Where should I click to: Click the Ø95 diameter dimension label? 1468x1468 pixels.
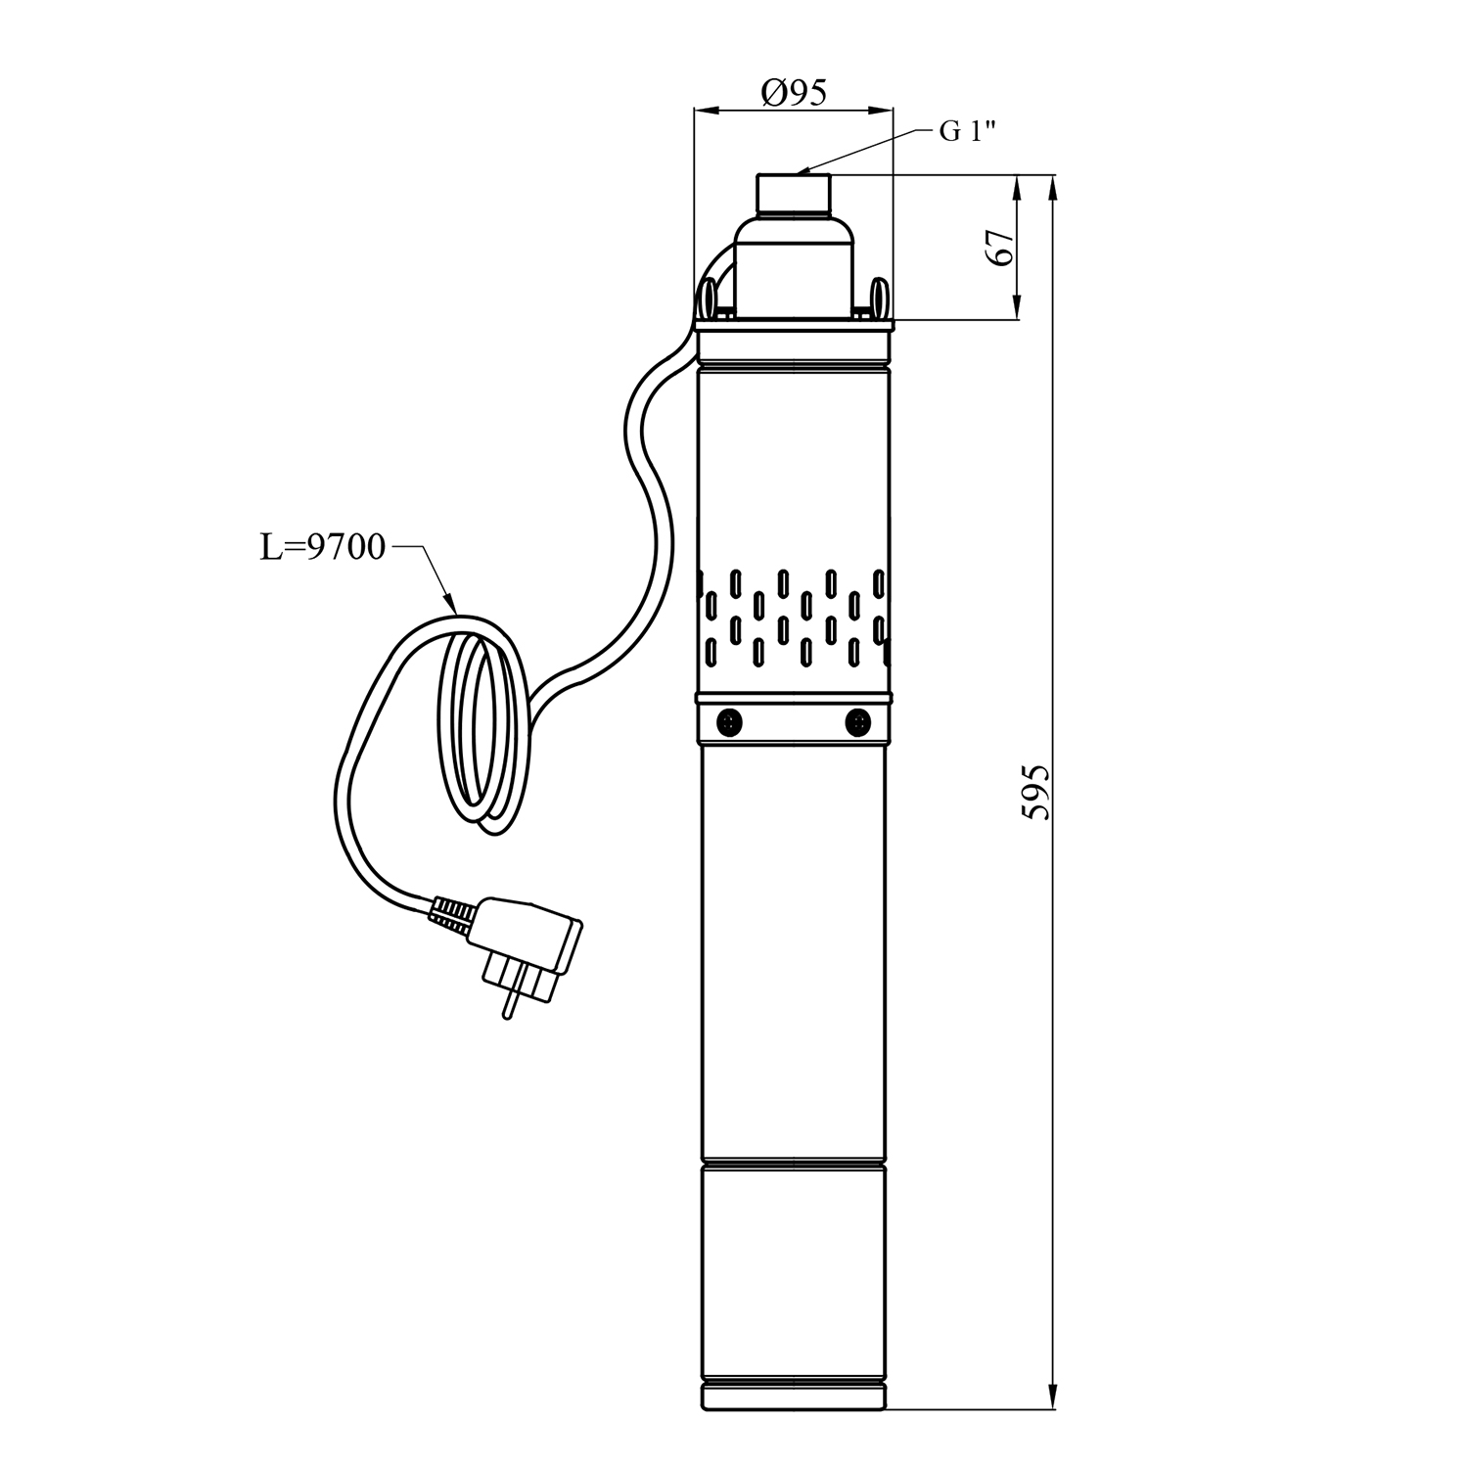pos(793,92)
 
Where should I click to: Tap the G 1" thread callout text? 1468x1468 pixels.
pos(968,131)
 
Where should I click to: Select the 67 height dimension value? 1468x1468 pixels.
pos(1000,248)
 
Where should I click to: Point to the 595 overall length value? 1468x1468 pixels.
pos(1036,791)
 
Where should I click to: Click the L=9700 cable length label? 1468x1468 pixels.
pos(323,548)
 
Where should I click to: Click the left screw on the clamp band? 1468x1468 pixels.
pos(729,722)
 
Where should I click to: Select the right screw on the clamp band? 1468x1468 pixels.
pos(858,722)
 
